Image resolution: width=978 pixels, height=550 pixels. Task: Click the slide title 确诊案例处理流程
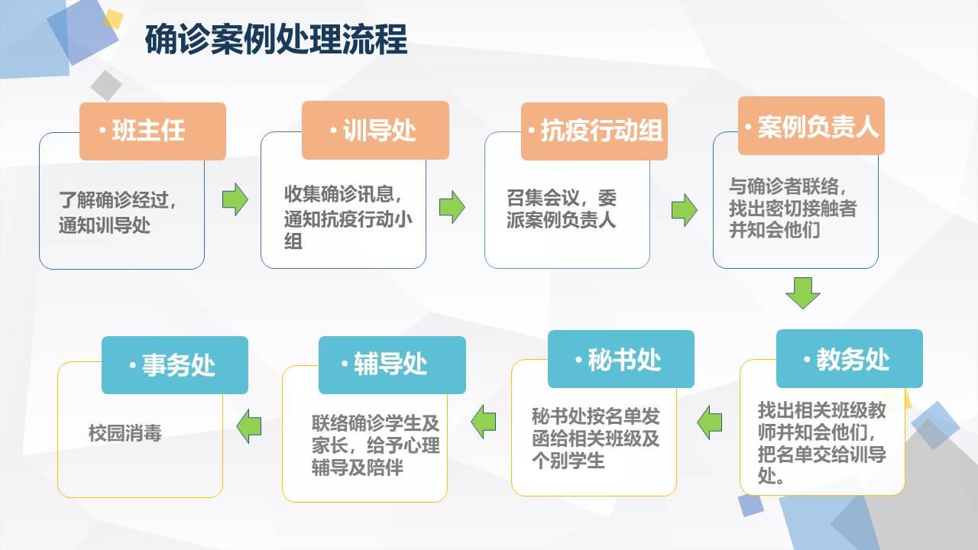pos(276,40)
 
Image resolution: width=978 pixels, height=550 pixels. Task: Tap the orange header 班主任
pos(153,131)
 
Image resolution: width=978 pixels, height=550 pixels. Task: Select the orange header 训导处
pos(375,130)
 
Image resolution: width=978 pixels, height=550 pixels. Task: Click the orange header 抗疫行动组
pos(594,131)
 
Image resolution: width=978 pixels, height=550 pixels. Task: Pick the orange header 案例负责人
pos(811,126)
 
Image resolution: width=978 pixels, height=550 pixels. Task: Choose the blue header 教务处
pos(850,359)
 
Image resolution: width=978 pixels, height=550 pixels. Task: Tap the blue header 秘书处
pos(621,359)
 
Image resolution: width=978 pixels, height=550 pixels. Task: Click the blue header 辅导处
pos(392,365)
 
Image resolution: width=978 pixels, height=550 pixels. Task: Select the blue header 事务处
pos(175,365)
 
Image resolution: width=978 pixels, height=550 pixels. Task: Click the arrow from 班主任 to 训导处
pos(235,199)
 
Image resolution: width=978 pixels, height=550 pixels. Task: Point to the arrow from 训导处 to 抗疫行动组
pos(452,207)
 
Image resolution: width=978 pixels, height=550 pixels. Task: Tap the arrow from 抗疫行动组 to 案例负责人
pos(684,210)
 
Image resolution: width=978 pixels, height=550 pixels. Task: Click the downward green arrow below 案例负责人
pos(803,293)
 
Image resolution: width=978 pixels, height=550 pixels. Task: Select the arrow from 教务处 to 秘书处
pos(710,422)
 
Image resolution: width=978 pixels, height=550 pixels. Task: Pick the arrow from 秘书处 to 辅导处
pos(484,422)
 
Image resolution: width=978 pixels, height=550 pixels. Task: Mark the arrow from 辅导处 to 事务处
pos(249,426)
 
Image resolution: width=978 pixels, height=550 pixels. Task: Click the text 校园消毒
pos(125,433)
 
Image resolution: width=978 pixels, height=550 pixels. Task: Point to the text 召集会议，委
pos(562,199)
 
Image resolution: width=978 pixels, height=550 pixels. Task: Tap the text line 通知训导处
pos(105,225)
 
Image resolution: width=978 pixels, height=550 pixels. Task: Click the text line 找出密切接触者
pos(792,209)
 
